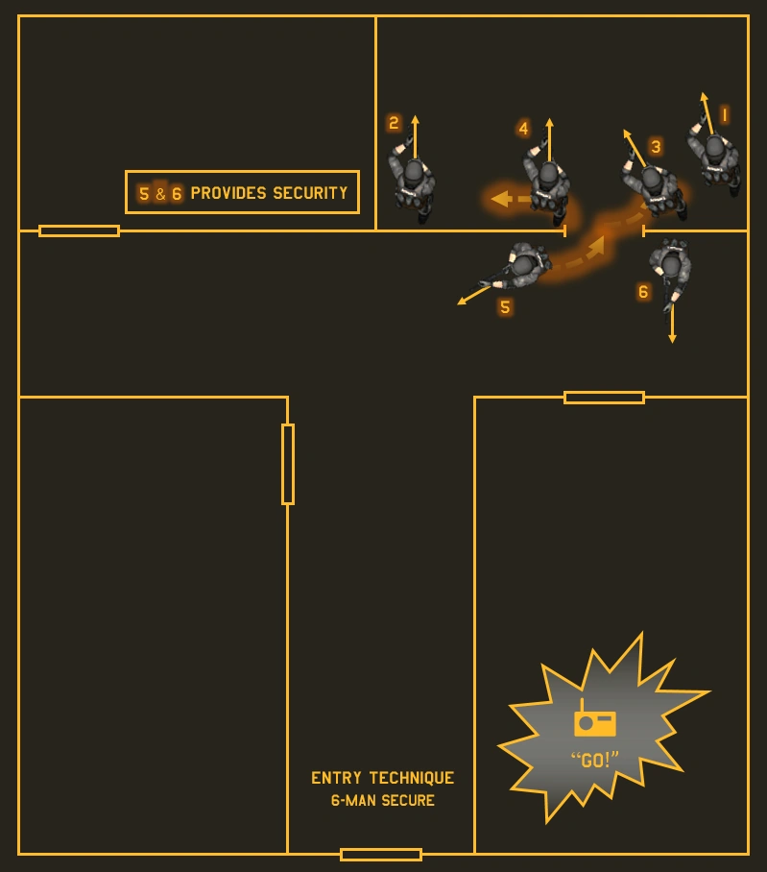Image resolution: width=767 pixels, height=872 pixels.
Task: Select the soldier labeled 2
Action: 413,180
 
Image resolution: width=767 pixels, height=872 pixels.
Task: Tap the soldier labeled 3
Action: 656,184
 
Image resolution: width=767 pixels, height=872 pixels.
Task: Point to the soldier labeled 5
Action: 521,266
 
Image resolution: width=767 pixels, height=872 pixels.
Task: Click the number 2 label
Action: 394,123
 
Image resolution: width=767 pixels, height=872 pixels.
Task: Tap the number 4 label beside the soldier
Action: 523,129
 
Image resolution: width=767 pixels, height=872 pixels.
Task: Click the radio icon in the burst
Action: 594,721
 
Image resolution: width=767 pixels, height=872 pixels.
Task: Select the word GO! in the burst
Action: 594,761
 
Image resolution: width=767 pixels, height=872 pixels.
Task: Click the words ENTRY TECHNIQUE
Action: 382,778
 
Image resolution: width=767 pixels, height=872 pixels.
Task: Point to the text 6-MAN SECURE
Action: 382,801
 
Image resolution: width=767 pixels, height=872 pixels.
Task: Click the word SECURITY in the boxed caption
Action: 310,193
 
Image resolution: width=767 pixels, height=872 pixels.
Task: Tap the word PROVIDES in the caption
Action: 228,193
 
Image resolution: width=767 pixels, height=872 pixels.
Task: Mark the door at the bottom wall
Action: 381,854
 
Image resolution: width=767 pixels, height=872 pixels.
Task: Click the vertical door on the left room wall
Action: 287,464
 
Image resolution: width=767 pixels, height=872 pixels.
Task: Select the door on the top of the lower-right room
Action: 604,397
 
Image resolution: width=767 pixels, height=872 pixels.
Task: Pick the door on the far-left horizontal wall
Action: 79,230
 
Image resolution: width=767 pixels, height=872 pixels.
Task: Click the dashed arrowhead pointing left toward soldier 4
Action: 498,199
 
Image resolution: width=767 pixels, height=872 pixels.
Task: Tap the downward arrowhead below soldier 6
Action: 672,338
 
